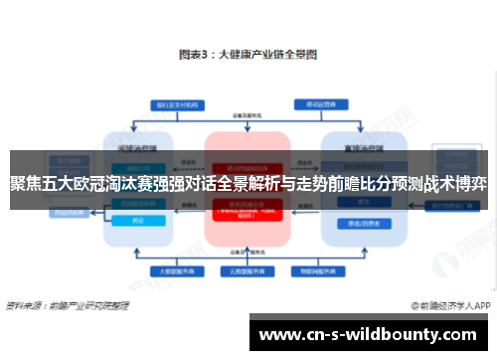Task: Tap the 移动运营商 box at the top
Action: pyautogui.click(x=317, y=102)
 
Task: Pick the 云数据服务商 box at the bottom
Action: pyautogui.click(x=248, y=270)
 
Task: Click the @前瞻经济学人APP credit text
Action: pyautogui.click(x=448, y=305)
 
